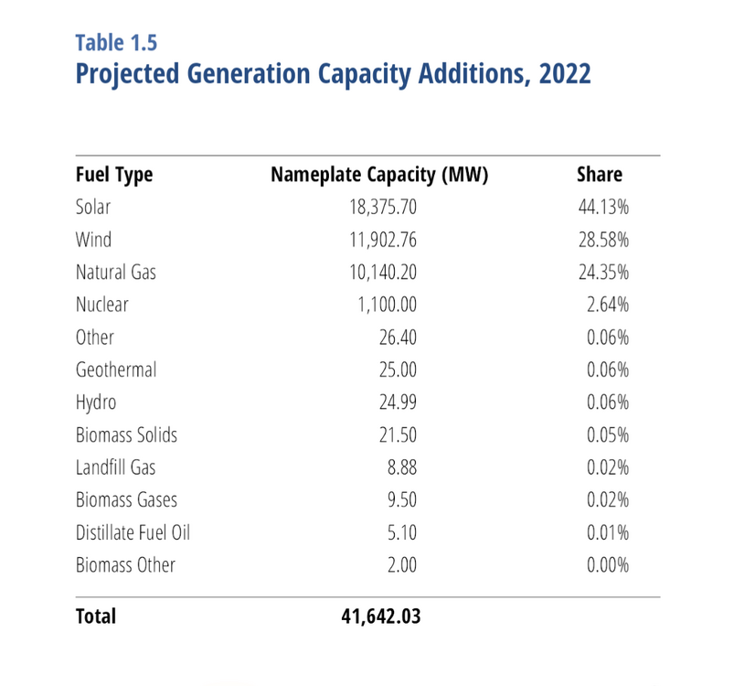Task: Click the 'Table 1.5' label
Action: coord(117,43)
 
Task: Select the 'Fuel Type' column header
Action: coord(114,175)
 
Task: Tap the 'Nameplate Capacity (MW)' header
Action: coord(379,175)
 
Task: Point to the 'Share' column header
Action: coord(601,175)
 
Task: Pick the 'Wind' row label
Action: coord(93,240)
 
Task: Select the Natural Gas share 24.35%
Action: coord(604,273)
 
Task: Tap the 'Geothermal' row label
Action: coord(116,370)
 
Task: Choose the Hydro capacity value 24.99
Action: coord(398,402)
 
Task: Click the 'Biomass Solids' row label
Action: coord(126,434)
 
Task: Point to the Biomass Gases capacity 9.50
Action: coord(402,499)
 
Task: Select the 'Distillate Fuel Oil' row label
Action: coord(133,532)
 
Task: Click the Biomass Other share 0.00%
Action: coord(608,565)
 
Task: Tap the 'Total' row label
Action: coord(96,616)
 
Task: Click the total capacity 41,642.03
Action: coord(380,616)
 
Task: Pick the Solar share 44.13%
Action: coord(604,208)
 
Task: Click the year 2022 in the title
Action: coord(565,74)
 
